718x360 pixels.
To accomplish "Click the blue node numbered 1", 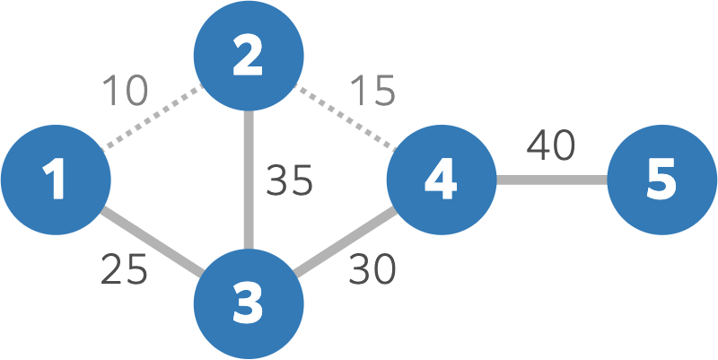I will point(56,180).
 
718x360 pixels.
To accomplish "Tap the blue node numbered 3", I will point(248,303).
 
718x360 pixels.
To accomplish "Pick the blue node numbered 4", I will point(441,180).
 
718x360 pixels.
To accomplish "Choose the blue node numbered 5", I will point(661,180).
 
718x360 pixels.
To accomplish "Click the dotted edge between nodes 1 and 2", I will point(152,118).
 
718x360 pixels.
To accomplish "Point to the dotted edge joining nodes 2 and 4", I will point(345,118).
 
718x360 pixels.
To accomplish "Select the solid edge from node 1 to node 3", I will point(152,241).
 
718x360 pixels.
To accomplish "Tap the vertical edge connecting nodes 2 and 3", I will point(248,180).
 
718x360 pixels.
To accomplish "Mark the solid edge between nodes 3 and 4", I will point(345,241).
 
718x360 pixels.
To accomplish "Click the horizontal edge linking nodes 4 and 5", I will point(551,180).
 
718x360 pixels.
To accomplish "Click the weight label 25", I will point(124,270).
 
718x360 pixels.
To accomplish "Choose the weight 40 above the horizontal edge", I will point(551,146).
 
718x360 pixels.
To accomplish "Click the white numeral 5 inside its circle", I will point(661,180).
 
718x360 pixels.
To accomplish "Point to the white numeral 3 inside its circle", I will point(248,303).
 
